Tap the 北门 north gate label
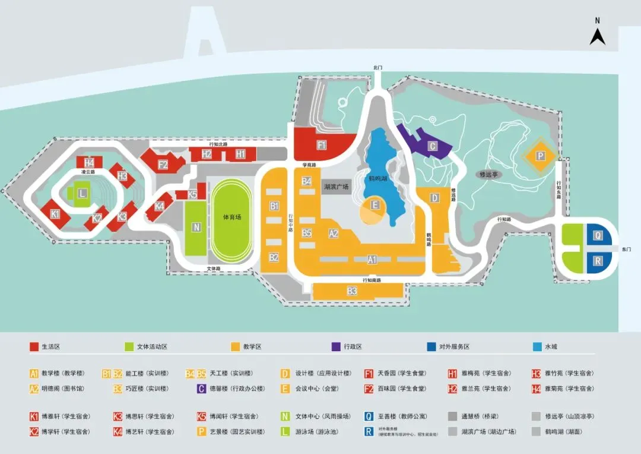pos(377,68)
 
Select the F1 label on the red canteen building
pos(322,145)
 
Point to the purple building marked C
pos(433,146)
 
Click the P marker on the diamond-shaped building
pos(540,156)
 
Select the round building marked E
pos(375,206)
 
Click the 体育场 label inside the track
pos(232,217)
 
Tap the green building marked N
pos(196,227)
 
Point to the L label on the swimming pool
pos(82,193)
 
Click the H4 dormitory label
pos(89,163)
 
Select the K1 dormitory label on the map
pos(55,214)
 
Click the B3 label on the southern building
pos(353,291)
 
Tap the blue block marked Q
pos(598,235)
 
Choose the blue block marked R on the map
pos(598,261)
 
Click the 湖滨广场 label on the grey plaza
pos(337,187)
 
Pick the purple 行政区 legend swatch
pos(334,346)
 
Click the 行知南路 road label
pos(372,279)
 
